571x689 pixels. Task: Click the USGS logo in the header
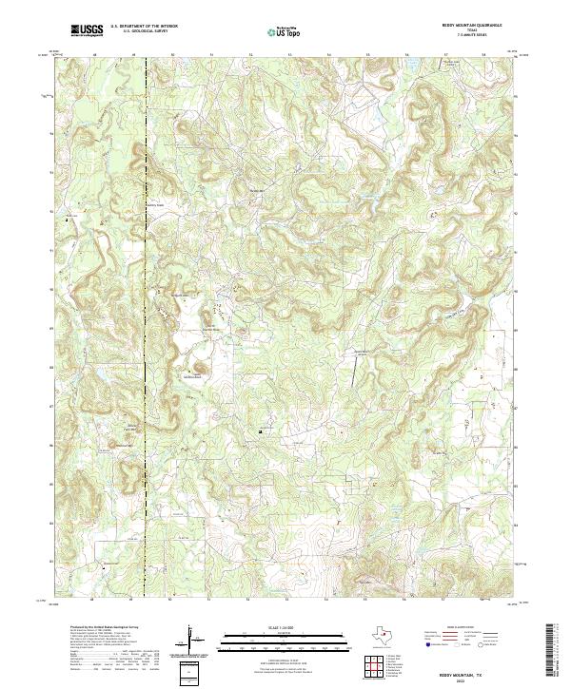click(88, 30)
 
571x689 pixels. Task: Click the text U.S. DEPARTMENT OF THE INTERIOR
click(144, 28)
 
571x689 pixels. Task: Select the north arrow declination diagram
click(194, 639)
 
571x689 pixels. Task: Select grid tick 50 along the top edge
click(171, 55)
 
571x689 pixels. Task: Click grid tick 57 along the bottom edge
click(444, 601)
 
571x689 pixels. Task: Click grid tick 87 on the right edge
click(517, 406)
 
